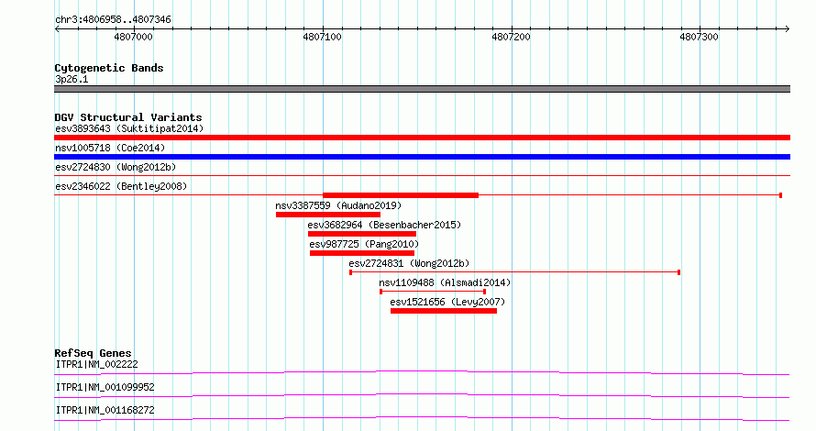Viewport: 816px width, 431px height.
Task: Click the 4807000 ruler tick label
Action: (133, 37)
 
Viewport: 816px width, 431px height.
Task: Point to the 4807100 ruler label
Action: (322, 37)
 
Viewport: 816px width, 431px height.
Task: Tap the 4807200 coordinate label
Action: (511, 37)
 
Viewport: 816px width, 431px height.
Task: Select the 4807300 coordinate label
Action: (699, 37)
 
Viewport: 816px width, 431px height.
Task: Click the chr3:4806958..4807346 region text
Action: (113, 20)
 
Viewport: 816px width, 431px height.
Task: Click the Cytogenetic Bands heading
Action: (109, 68)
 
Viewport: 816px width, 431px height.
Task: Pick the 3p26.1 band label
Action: (72, 79)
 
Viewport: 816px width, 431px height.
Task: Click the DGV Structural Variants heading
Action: (128, 117)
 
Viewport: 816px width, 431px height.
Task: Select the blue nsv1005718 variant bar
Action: (422, 157)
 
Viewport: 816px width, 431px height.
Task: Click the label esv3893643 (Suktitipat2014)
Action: (129, 128)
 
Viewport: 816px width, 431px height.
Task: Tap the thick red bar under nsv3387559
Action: (328, 215)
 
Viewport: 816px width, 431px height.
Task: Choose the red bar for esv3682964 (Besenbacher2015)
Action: (361, 234)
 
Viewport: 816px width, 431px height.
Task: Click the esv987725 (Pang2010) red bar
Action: (361, 253)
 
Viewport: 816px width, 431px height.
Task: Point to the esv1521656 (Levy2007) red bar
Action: (444, 311)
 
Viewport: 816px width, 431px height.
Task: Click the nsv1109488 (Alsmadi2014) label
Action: (445, 282)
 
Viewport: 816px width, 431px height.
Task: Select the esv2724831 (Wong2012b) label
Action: (409, 263)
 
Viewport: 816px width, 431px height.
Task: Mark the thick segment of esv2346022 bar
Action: (401, 195)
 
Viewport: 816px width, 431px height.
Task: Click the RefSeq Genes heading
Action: (93, 353)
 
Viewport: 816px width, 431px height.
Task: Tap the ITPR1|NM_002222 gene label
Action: (97, 364)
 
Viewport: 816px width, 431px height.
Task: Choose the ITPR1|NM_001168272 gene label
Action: (105, 410)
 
